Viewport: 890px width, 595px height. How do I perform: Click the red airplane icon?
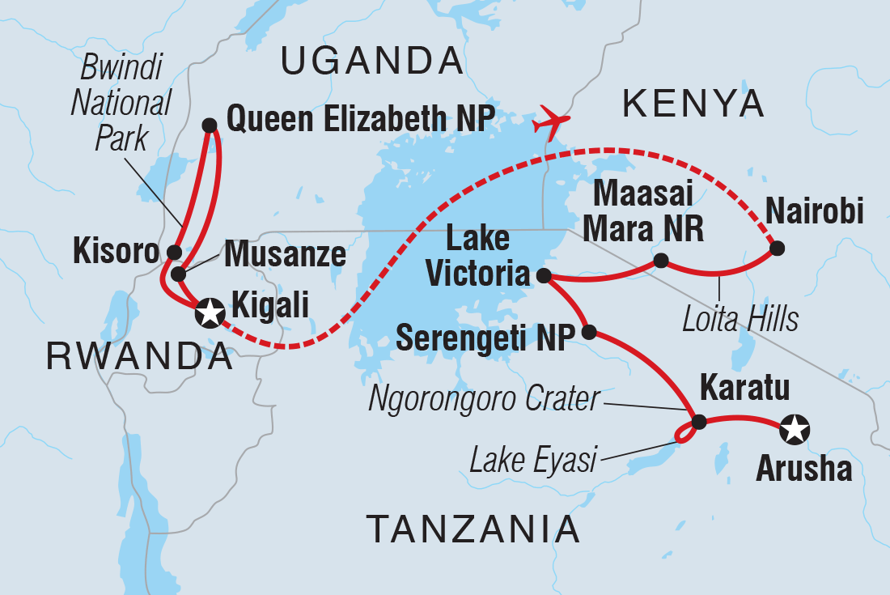[551, 121]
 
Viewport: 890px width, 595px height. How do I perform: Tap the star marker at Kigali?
[210, 310]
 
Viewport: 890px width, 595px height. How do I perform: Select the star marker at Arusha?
[795, 430]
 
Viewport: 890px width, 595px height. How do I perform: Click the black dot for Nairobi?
[777, 249]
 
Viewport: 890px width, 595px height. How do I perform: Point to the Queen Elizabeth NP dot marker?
[209, 125]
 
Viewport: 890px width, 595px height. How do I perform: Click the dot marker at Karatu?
[699, 421]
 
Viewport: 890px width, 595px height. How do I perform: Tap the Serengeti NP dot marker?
[589, 332]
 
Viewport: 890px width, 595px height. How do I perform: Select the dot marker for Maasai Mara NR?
[661, 260]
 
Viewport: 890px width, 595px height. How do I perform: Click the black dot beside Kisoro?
[174, 252]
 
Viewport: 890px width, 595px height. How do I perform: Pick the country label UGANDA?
[372, 62]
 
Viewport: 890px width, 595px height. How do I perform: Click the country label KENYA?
[693, 104]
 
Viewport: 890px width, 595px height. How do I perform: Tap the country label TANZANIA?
[473, 529]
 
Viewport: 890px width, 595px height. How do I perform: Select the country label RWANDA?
[138, 355]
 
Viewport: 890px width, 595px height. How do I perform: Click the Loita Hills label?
[739, 318]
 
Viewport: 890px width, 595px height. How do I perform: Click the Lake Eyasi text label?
[533, 461]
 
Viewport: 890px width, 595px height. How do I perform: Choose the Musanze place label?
[285, 254]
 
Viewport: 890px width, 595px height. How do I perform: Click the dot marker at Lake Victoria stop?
[543, 274]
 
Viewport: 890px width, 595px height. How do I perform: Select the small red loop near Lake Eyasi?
[684, 436]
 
